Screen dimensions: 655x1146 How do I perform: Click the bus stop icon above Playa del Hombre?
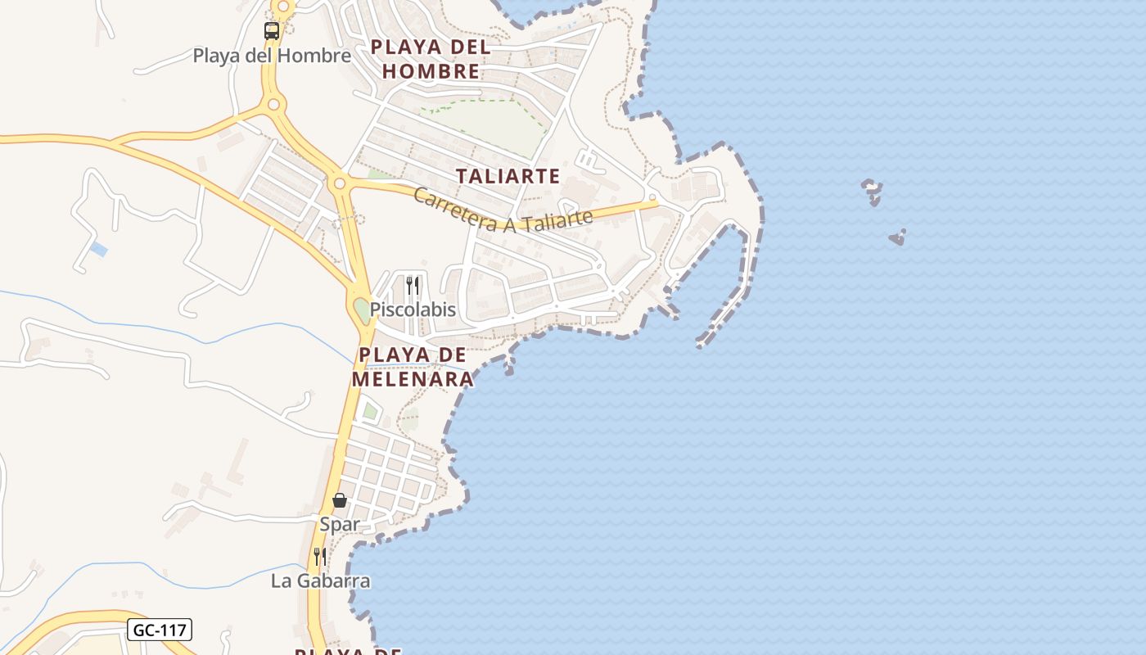click(272, 31)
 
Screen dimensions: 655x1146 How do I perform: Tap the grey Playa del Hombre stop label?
click(272, 56)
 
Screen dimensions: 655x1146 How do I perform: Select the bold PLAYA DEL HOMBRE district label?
click(431, 59)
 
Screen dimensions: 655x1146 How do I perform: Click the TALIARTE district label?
click(508, 176)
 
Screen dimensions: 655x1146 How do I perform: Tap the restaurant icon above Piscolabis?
click(413, 285)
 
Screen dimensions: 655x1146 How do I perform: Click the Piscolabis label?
click(413, 309)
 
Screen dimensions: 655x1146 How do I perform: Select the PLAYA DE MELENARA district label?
click(413, 367)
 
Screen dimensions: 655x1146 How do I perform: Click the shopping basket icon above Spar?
click(340, 499)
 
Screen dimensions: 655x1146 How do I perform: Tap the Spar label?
click(340, 524)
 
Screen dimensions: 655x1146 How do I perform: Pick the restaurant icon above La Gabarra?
click(320, 557)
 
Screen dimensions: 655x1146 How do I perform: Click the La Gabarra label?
click(320, 581)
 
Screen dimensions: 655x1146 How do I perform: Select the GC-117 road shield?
click(160, 630)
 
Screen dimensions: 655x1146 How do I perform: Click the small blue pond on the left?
click(99, 249)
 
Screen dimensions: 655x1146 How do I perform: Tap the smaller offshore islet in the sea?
click(898, 238)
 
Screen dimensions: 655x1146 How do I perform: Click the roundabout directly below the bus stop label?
click(273, 104)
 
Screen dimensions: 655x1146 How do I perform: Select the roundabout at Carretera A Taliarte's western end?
click(340, 183)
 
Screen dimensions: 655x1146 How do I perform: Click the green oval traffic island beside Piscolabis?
click(362, 310)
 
